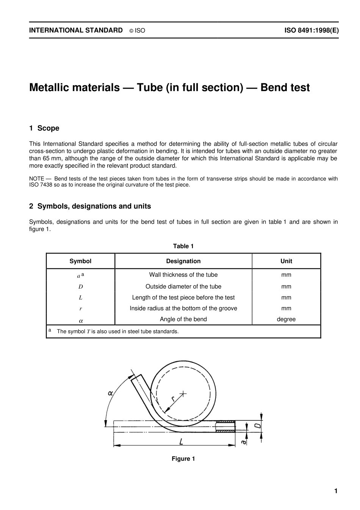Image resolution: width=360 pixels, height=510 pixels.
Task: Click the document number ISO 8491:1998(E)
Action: (311, 30)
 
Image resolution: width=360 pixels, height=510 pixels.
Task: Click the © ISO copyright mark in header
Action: (137, 31)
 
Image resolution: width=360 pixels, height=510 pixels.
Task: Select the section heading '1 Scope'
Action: (44, 128)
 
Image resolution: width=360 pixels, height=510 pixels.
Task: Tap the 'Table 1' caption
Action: (183, 246)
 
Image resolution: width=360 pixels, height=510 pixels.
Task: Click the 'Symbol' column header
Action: (80, 261)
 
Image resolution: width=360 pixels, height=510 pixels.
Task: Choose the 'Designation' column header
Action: (183, 261)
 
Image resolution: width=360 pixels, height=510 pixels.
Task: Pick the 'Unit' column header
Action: (286, 261)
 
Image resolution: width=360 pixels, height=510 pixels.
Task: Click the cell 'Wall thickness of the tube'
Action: (183, 275)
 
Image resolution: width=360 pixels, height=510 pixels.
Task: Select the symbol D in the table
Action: (80, 287)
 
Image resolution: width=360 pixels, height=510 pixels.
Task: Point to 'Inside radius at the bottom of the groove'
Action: (183, 308)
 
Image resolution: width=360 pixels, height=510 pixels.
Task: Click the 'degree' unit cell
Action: (286, 319)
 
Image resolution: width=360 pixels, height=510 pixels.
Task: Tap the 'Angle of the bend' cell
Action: (183, 319)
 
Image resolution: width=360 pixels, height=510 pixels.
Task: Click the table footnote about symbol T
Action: (117, 331)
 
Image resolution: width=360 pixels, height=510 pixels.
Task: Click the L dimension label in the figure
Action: (182, 441)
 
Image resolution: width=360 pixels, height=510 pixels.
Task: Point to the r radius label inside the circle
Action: (173, 399)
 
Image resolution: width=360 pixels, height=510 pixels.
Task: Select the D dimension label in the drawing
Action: (257, 426)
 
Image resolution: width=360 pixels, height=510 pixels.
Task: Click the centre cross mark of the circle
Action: (183, 394)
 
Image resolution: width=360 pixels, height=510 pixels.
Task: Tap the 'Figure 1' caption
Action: (183, 459)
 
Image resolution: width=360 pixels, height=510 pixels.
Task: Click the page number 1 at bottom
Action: (336, 491)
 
